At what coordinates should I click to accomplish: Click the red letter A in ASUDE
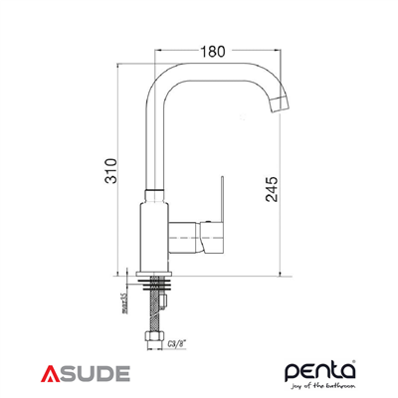pos(53,373)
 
